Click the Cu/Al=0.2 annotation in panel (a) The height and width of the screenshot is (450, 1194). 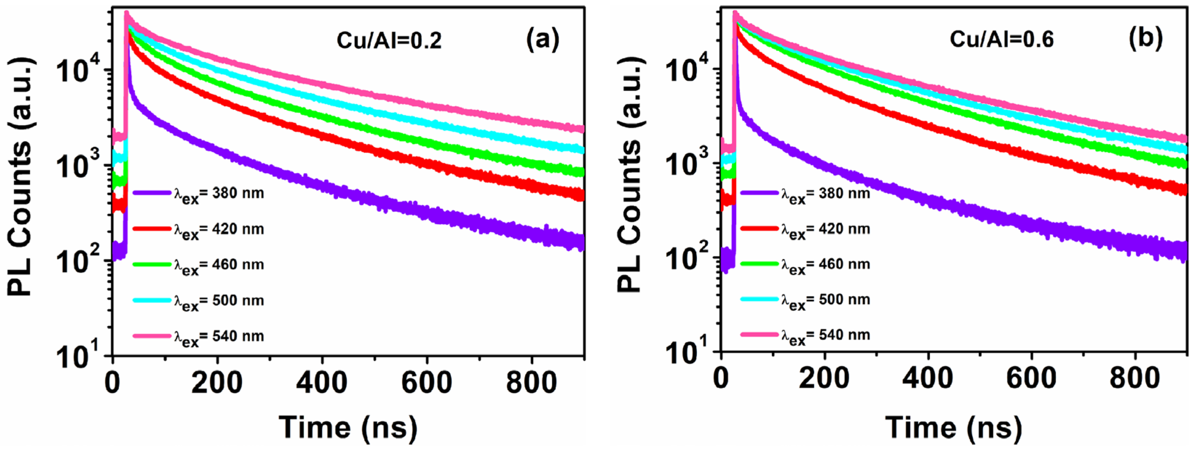tap(389, 41)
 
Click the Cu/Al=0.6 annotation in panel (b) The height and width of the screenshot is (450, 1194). tap(1001, 39)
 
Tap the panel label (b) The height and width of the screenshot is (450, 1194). tap(1145, 38)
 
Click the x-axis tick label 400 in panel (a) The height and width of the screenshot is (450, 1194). tap(322, 384)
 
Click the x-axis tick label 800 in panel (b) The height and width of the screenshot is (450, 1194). tap(1135, 379)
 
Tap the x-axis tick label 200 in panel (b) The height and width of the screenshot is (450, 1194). tap(824, 379)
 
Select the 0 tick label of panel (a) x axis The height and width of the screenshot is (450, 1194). tap(113, 384)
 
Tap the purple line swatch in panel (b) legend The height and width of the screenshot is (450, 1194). tap(759, 192)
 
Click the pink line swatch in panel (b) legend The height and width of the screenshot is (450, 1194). tap(759, 334)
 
